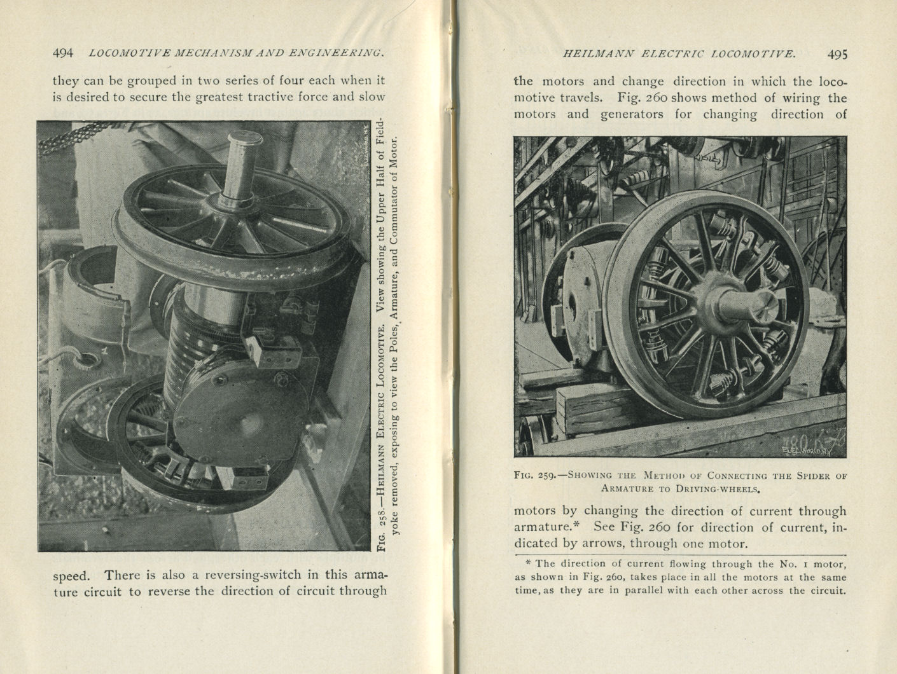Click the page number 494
click(x=63, y=53)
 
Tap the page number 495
click(x=837, y=54)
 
